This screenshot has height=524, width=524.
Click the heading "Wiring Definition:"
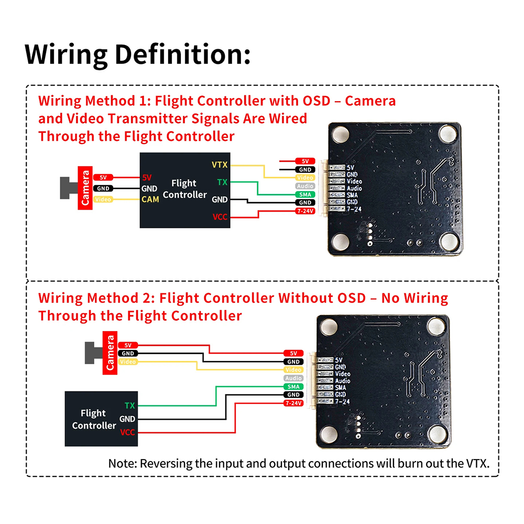137,54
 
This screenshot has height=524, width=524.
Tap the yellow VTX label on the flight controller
220,165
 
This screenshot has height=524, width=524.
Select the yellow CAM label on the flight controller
150,200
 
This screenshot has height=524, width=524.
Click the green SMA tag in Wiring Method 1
305,194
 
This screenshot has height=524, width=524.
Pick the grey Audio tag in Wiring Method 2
293,378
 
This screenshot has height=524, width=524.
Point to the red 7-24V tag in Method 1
305,211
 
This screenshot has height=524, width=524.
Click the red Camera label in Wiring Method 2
110,353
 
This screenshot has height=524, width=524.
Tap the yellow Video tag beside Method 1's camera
103,200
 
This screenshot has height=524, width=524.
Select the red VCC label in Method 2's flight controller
128,432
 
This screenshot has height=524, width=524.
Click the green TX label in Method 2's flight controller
129,406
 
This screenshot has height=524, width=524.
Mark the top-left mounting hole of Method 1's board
341,134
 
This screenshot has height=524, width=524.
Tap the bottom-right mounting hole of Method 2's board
438,433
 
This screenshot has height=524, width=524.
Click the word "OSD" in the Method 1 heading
316,101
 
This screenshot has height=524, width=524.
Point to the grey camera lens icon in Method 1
69,188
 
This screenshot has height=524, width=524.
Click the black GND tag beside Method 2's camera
128,354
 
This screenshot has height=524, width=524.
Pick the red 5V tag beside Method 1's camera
103,178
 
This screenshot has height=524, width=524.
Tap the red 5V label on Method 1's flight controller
147,178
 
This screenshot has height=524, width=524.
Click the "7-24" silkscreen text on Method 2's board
342,401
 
